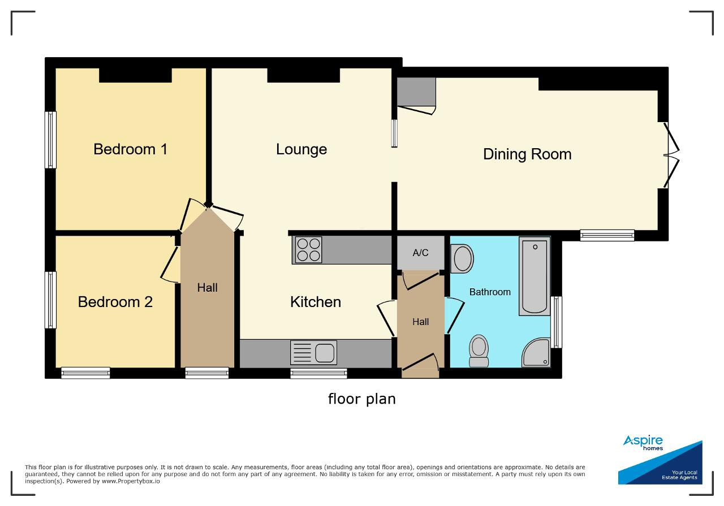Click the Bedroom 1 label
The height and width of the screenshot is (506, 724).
click(130, 149)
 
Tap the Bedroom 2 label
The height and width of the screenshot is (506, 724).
click(115, 302)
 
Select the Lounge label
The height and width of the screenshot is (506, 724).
click(301, 150)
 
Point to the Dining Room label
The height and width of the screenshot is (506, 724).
click(527, 154)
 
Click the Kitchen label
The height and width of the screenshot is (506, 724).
click(316, 302)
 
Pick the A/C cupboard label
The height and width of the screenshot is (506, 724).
click(420, 253)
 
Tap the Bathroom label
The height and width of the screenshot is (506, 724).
click(490, 292)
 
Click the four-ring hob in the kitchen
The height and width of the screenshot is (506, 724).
click(308, 250)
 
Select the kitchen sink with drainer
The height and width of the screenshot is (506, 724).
click(313, 353)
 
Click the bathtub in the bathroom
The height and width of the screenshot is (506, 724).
click(535, 276)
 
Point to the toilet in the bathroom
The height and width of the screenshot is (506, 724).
click(479, 351)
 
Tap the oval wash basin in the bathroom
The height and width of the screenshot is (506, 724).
click(462, 258)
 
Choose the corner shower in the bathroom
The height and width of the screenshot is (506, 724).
click(536, 353)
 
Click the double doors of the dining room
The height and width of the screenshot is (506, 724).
click(671, 155)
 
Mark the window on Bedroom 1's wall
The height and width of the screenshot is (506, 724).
click(50, 140)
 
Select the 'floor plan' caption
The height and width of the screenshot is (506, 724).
click(361, 399)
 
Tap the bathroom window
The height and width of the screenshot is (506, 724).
click(556, 322)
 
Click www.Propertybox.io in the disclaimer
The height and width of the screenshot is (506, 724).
click(131, 482)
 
